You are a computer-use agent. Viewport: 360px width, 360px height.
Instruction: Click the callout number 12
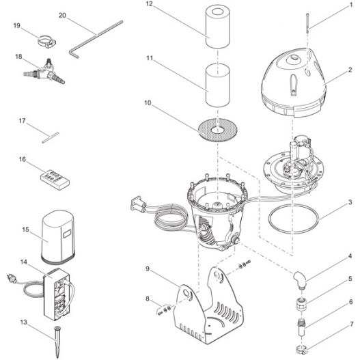[149, 4]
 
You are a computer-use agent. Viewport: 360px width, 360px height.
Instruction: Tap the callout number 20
[62, 16]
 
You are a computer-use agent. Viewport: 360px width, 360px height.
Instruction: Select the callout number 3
[350, 202]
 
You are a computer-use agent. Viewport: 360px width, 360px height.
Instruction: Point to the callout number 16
[23, 159]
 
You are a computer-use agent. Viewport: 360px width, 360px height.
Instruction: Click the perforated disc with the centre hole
[218, 130]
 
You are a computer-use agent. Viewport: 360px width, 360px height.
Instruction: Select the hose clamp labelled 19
[46, 42]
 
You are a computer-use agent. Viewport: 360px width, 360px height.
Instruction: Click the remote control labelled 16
[55, 180]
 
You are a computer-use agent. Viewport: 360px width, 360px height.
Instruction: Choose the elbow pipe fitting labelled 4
[300, 280]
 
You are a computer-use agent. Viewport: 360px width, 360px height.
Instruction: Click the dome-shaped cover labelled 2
[294, 83]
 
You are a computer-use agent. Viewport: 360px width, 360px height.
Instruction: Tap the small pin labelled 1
[307, 23]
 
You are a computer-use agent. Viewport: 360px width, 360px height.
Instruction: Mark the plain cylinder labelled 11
[218, 85]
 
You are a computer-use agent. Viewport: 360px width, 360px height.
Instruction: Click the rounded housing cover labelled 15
[58, 236]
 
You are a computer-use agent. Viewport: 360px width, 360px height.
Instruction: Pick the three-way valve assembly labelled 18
[44, 72]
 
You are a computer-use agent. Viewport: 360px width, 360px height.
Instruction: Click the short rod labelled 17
[51, 137]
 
